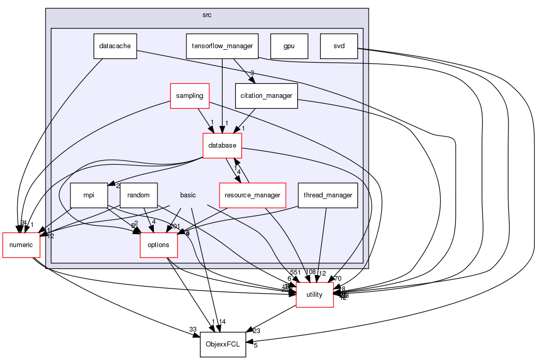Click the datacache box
tap(115, 46)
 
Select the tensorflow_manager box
tap(222, 46)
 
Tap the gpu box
tap(289, 46)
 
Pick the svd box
tap(339, 46)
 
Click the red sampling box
tap(190, 96)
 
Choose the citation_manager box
tap(267, 96)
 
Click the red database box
tap(222, 146)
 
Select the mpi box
tap(89, 195)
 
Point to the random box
tap(138, 195)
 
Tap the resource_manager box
tap(253, 195)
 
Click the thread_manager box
tap(328, 195)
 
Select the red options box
tap(158, 245)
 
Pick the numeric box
tap(21, 245)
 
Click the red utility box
tap(314, 295)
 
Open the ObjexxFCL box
tap(223, 344)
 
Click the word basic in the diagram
tap(187, 195)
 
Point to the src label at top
tap(207, 15)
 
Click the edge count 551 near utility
tap(295, 272)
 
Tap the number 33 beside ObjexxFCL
tap(193, 329)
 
